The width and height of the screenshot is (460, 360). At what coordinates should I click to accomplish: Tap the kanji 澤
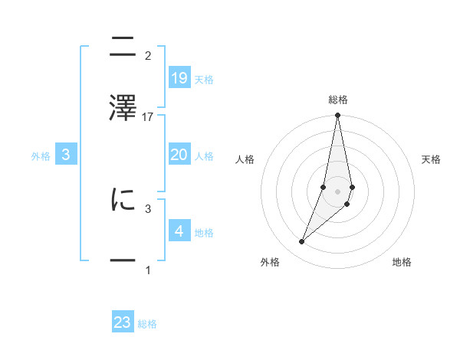pos(123,106)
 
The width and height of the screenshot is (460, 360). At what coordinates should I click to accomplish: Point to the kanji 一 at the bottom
pos(123,260)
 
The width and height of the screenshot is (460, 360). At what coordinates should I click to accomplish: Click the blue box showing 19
pos(179,78)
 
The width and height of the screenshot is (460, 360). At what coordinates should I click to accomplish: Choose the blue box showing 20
pos(179,155)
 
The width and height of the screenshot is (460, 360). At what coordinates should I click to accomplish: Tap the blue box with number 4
pos(179,231)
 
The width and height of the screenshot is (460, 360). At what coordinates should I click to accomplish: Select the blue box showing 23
pos(123,322)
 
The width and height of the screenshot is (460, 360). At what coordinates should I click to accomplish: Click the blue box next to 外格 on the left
pos(66,155)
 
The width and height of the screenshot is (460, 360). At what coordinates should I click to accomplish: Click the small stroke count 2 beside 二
pos(148,56)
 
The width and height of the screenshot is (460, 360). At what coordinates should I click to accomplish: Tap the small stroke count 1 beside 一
pos(148,270)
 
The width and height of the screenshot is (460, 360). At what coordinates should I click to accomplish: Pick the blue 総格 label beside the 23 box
pos(147,324)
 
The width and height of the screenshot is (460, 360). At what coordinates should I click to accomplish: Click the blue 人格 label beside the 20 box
pos(204,156)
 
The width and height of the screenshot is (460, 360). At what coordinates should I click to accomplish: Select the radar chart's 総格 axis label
pos(338,100)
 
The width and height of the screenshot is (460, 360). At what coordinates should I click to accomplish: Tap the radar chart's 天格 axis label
pos(431,159)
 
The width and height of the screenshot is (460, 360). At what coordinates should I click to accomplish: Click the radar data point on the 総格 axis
pos(337,116)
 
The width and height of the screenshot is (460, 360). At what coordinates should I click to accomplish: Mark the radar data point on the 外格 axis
pos(302,242)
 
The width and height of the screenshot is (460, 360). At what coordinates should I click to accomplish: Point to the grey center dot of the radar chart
pos(337,191)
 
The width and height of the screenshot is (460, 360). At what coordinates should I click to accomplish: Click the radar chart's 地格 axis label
pos(402,263)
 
